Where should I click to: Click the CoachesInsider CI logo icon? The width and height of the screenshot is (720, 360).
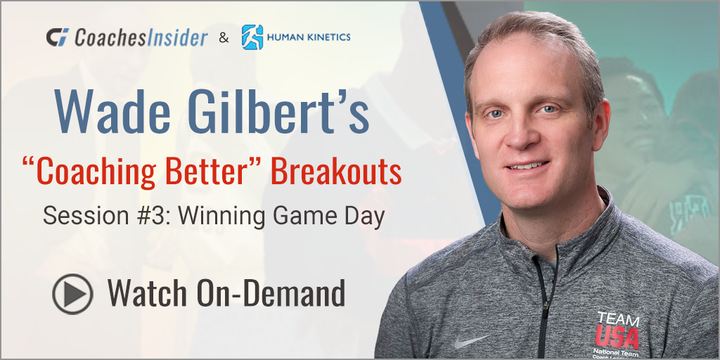(58, 37)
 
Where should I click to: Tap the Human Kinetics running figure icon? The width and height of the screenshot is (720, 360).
(252, 37)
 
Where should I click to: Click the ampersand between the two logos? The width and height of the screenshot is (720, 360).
(224, 38)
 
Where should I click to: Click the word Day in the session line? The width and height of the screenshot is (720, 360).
(368, 215)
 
